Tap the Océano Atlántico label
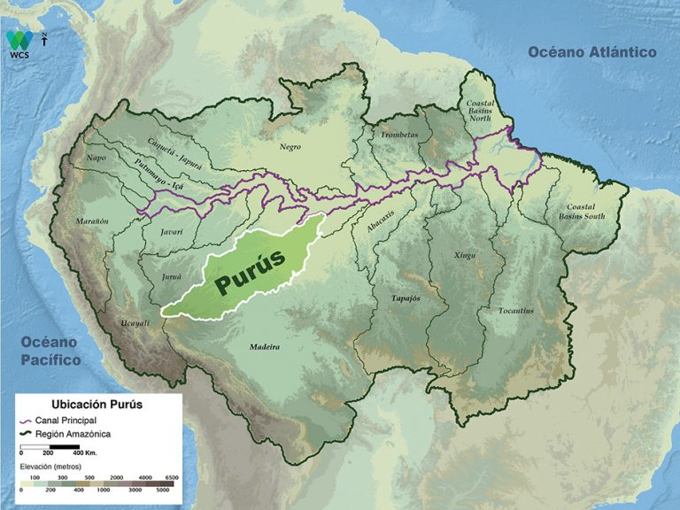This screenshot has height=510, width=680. click(x=592, y=52)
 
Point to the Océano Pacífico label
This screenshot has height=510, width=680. click(x=50, y=352)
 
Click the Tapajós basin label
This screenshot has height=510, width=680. click(x=405, y=298)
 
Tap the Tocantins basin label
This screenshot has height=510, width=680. click(x=515, y=310)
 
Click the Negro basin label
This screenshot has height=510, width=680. click(x=290, y=147)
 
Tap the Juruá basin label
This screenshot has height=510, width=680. click(x=172, y=277)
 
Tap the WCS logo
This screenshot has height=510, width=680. click(x=19, y=43)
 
